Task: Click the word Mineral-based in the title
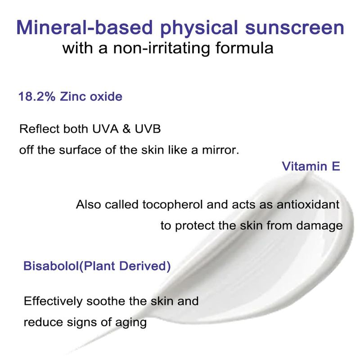(x=85, y=27)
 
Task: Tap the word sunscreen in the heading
(x=295, y=28)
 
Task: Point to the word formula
(x=244, y=48)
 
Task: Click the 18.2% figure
(x=37, y=96)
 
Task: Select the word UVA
(x=105, y=129)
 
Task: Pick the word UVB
(x=148, y=129)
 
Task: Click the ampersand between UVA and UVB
(x=126, y=129)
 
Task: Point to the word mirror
(x=220, y=150)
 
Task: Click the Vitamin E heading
(x=311, y=166)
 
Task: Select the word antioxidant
(x=308, y=204)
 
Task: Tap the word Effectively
(x=53, y=301)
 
